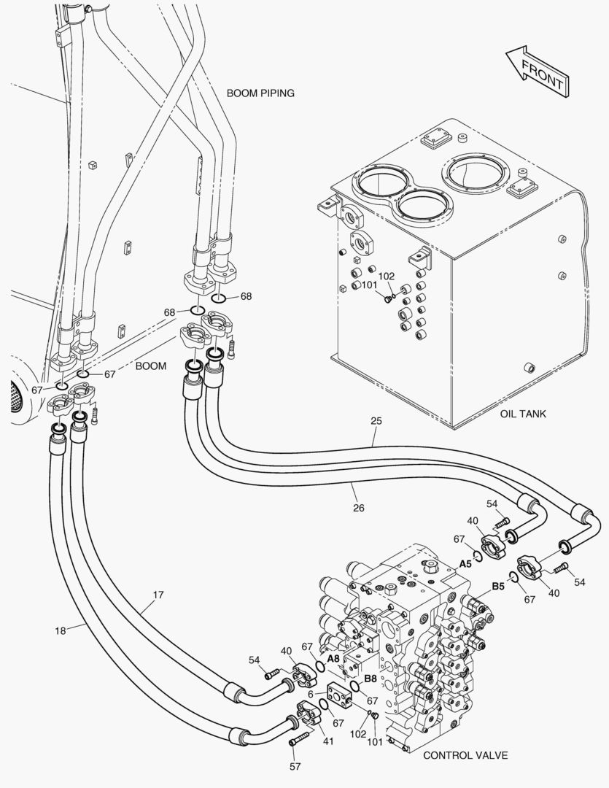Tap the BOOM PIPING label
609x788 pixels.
[260, 93]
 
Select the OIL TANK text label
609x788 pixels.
[523, 414]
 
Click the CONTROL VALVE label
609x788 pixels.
[465, 755]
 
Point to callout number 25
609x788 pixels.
[376, 421]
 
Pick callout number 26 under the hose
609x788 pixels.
[358, 508]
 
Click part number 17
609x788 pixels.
[158, 595]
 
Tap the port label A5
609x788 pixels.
[465, 564]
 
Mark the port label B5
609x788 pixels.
[498, 586]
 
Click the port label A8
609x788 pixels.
[333, 658]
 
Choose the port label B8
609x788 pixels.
[371, 678]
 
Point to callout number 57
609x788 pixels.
[295, 766]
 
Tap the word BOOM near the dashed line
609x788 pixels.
[151, 366]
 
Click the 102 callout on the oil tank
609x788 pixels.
[387, 276]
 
